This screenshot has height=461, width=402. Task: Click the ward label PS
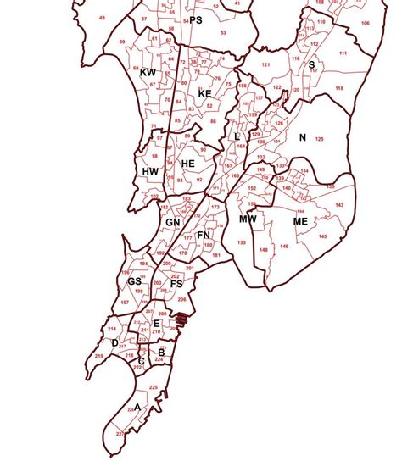196,19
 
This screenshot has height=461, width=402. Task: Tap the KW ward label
148,74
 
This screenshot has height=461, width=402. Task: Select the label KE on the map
204,93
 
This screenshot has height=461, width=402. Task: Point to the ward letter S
311,64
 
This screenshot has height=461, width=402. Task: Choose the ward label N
301,137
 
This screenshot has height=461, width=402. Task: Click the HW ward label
151,171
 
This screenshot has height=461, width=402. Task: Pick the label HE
188,163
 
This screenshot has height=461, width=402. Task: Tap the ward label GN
173,222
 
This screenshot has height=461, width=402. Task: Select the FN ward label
204,235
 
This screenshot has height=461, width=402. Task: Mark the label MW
248,219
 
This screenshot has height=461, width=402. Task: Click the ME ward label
300,221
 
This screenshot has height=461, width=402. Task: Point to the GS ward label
135,281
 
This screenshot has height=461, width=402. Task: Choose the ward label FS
176,284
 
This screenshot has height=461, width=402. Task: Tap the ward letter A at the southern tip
137,407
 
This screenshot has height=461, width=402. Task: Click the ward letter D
114,342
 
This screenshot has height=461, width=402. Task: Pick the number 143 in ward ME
339,206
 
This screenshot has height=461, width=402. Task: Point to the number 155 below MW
242,242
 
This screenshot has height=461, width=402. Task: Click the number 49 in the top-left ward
103,18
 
